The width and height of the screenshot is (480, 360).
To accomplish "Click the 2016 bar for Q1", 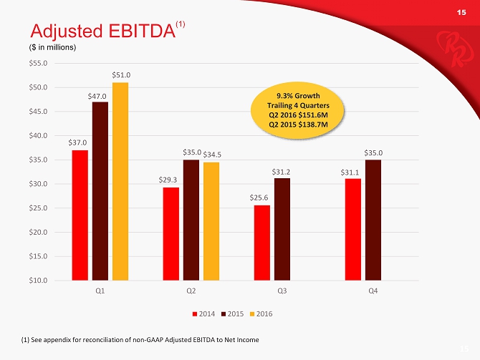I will pyautogui.click(x=120, y=181).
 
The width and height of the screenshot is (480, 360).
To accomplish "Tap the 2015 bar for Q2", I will pyautogui.click(x=191, y=220).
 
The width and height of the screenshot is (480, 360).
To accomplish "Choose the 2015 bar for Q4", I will pyautogui.click(x=373, y=220).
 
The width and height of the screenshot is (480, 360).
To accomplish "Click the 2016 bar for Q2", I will pyautogui.click(x=211, y=221).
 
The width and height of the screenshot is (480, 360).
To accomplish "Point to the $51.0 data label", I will pyautogui.click(x=120, y=75).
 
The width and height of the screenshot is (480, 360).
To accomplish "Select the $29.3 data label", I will pyautogui.click(x=170, y=180).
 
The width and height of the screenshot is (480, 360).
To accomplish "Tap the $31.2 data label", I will pyautogui.click(x=282, y=171).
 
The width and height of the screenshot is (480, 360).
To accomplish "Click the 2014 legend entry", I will pyautogui.click(x=204, y=314).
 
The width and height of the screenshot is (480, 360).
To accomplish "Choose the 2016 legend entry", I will pyautogui.click(x=261, y=314).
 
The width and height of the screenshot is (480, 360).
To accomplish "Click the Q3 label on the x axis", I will pyautogui.click(x=282, y=292).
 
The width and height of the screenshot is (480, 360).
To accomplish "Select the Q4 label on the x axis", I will pyautogui.click(x=373, y=292).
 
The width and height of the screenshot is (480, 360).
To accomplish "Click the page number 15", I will pyautogui.click(x=461, y=12).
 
